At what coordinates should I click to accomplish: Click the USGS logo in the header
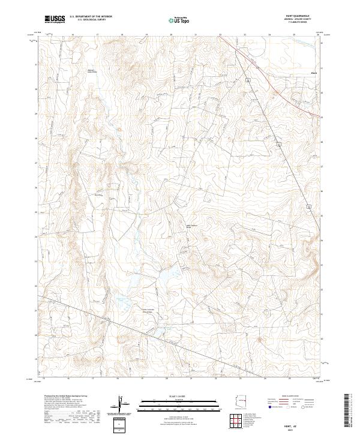click(x=55, y=19)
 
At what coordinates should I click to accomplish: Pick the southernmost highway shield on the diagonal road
click(x=309, y=206)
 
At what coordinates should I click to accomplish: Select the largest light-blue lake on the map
click(x=162, y=278)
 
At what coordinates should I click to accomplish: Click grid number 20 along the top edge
click(x=171, y=35)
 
